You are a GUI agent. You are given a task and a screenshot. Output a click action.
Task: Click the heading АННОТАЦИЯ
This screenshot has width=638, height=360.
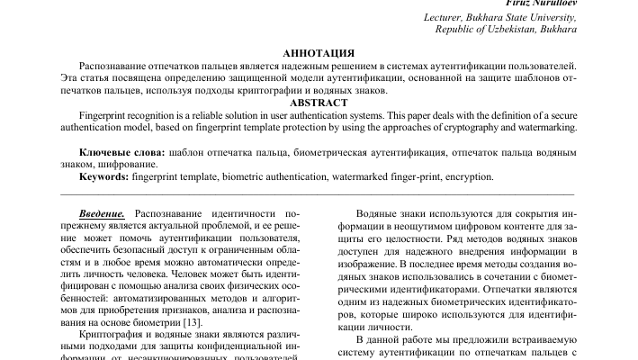pos(319,54)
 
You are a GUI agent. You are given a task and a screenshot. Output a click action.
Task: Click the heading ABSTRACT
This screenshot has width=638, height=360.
pos(319,103)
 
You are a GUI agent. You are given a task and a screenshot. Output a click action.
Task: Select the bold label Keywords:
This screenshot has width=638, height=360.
pos(103,178)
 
